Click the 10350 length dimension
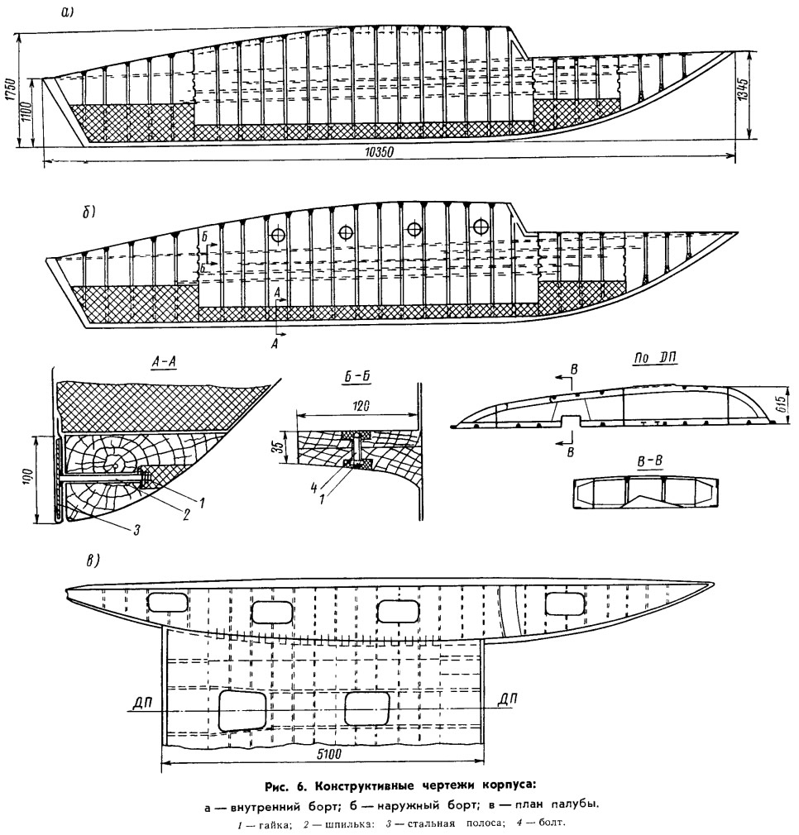379,152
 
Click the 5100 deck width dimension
329,754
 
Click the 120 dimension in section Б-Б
361,406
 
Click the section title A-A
164,363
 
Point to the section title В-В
650,461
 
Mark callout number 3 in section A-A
137,531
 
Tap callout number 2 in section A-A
186,516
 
